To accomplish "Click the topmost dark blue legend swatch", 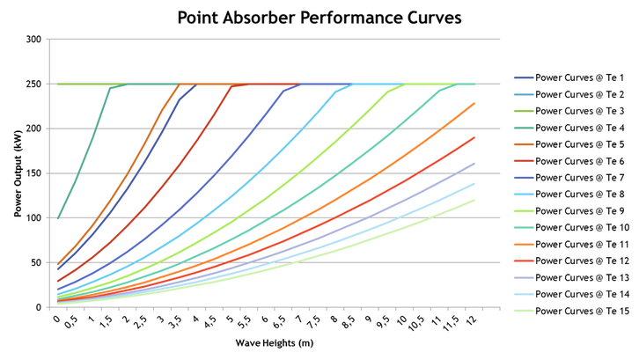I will pos(522,78).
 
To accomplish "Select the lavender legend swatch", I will pos(522,278).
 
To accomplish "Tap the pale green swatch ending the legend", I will pos(522,311).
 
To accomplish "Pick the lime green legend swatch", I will pos(522,211).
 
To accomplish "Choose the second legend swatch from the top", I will pos(522,95).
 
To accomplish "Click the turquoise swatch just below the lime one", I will pos(522,228).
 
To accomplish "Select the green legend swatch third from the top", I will pos(522,112).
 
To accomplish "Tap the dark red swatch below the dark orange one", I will pos(522,161).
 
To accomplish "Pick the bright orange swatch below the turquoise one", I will pos(522,245).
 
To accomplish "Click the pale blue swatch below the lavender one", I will pos(522,295).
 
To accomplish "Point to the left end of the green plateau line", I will pos(58,84).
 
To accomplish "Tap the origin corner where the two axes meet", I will pos(49,307).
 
